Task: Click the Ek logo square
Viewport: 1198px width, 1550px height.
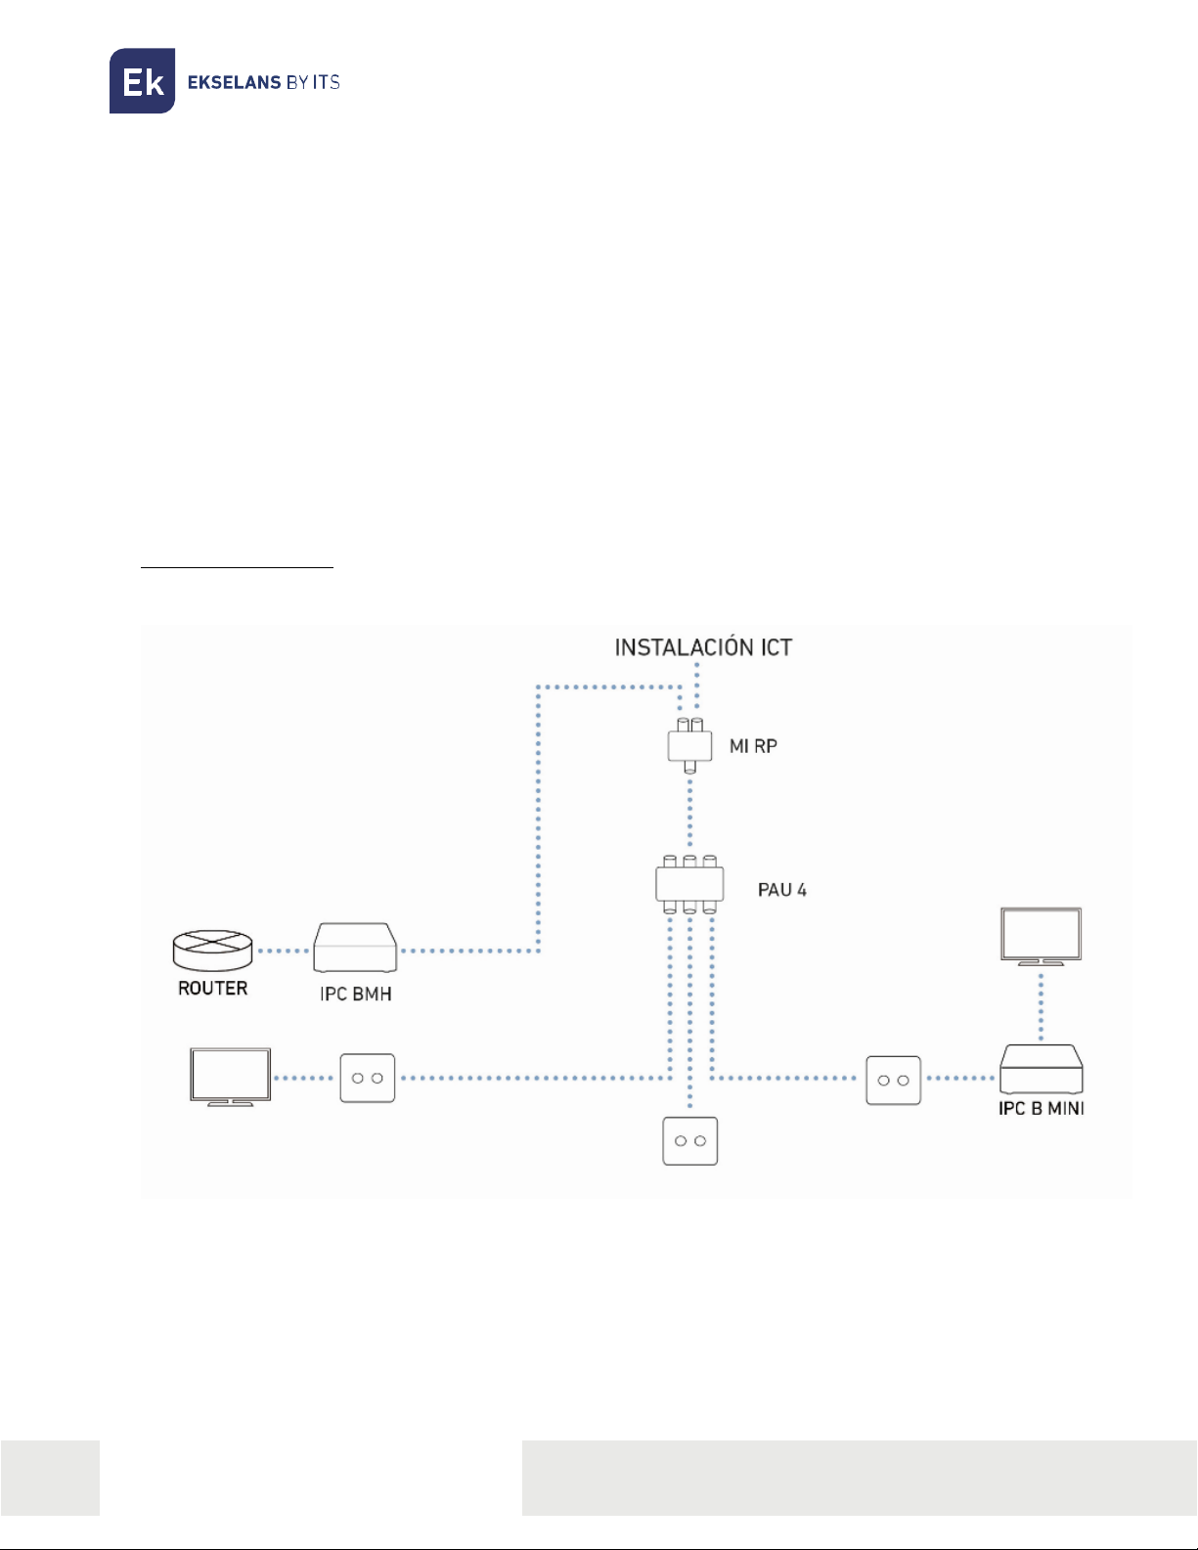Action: point(142,80)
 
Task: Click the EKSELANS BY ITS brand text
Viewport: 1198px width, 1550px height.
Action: point(263,82)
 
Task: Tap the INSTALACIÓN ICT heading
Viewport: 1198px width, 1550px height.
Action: point(703,647)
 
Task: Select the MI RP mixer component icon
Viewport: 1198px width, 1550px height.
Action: point(689,745)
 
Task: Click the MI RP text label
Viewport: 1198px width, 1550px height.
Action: point(753,746)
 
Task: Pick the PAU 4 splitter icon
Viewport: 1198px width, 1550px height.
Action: point(689,884)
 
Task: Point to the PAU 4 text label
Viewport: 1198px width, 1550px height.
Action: point(782,890)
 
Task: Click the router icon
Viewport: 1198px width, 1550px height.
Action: point(212,951)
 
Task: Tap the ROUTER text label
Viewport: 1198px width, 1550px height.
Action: point(212,988)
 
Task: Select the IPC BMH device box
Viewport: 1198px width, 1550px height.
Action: point(355,948)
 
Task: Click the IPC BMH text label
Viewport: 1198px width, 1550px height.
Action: point(356,994)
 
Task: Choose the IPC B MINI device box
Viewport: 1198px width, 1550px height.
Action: point(1042,1069)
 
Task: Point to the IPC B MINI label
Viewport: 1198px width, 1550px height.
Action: point(1042,1108)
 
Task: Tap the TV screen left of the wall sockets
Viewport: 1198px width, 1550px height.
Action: point(231,1077)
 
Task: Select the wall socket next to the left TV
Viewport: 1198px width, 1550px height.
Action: point(368,1078)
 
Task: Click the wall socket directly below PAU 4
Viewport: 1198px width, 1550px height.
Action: point(690,1140)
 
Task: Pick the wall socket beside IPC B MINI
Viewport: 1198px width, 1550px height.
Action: point(894,1080)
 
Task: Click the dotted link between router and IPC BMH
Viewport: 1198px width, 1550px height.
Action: point(283,951)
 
